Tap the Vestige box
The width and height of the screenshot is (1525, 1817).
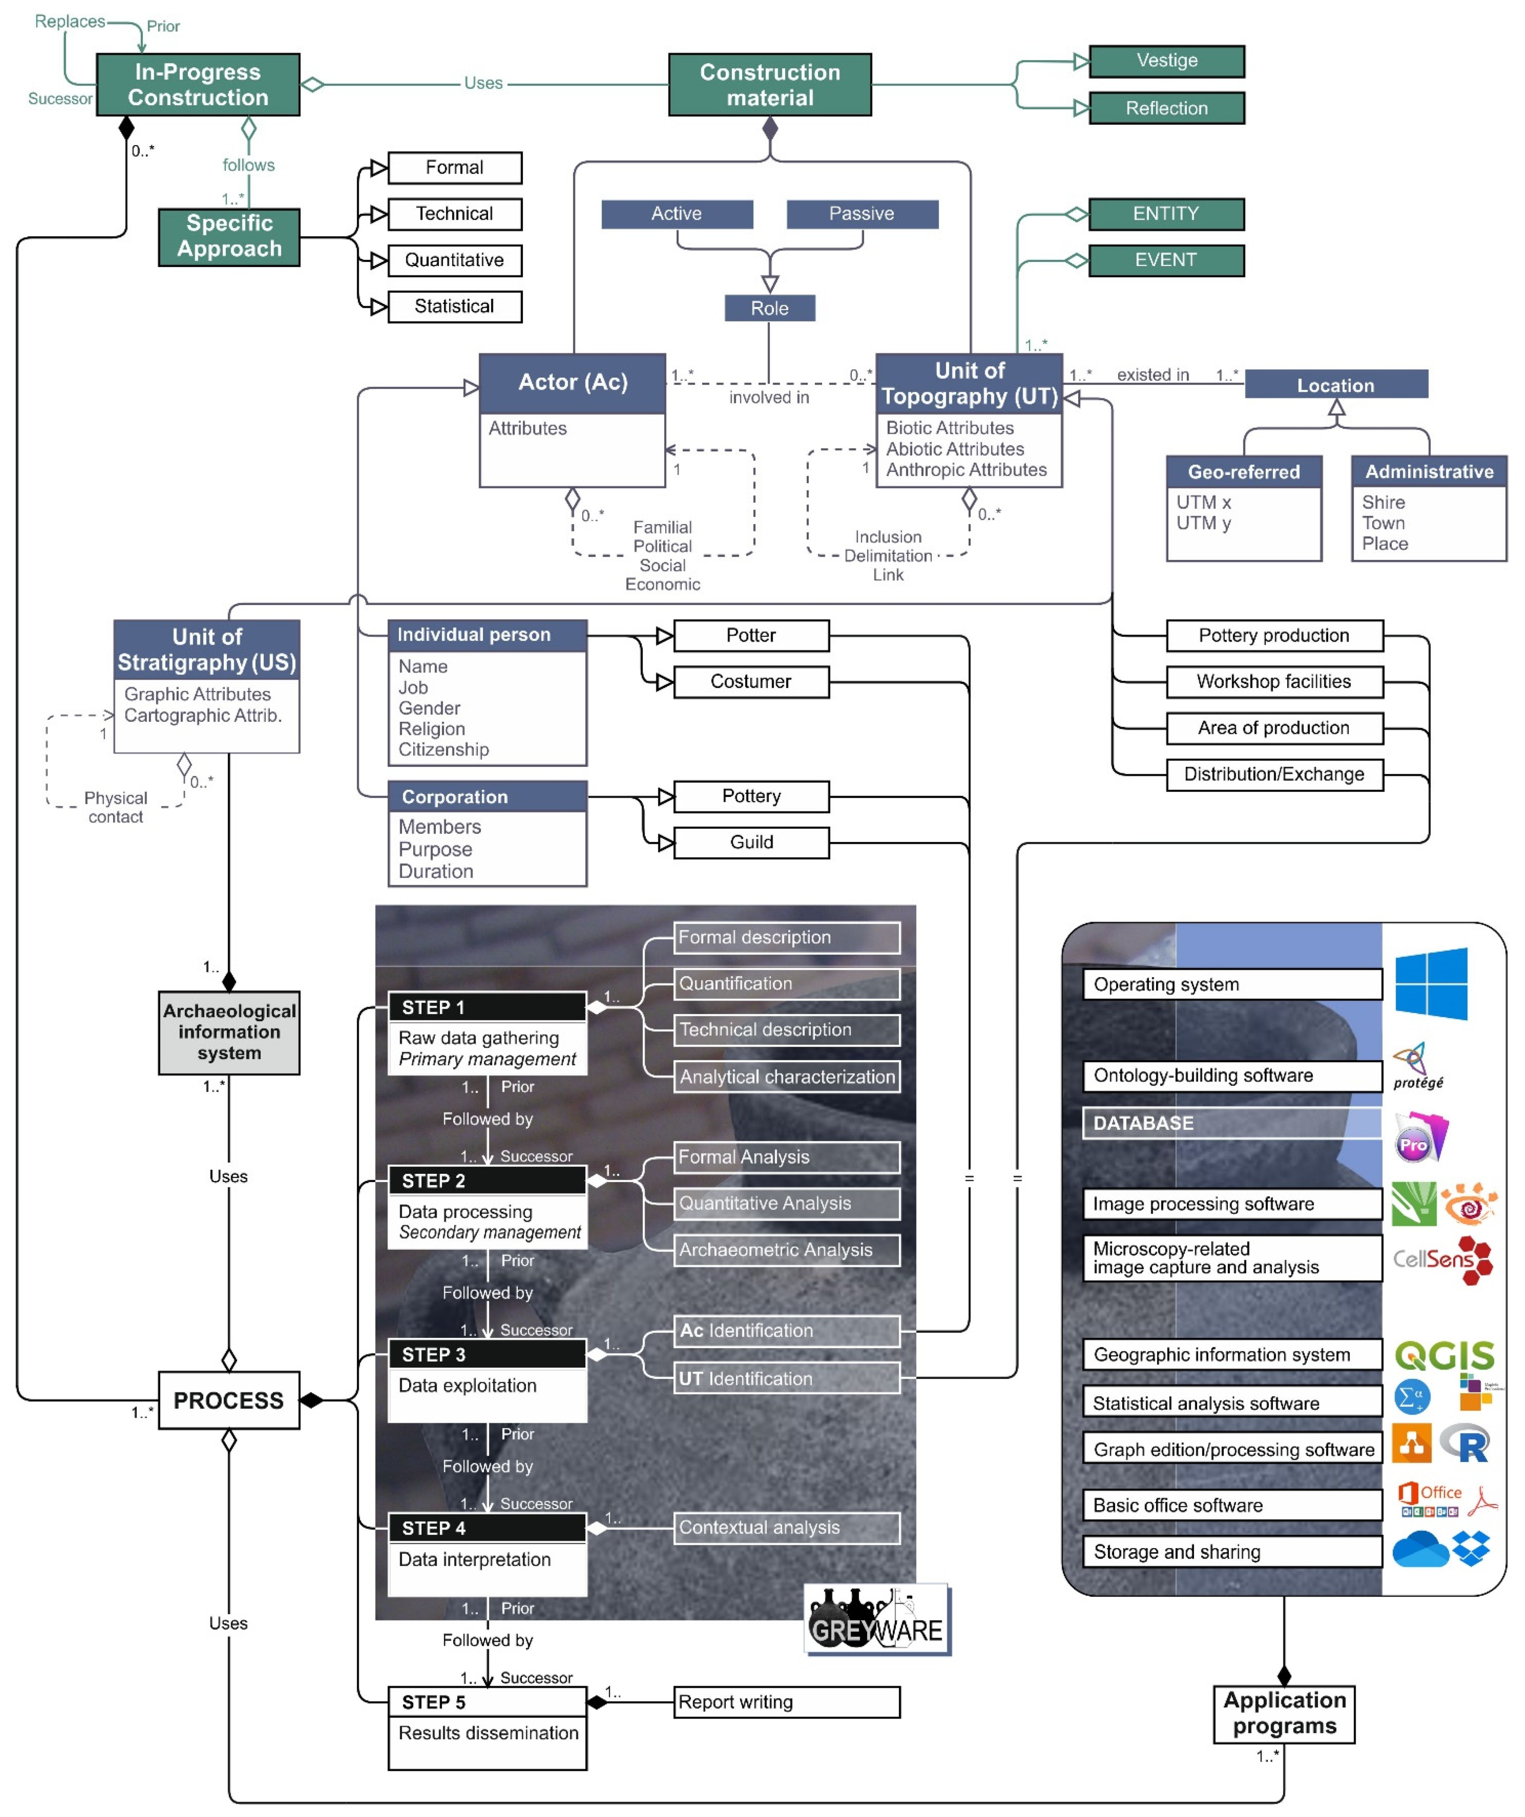pos(1166,61)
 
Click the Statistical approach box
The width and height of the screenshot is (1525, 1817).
pos(454,306)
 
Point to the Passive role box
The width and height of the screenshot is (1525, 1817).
pos(861,214)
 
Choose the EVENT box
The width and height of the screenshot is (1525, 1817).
pos(1166,260)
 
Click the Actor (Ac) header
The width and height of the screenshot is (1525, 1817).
pos(572,383)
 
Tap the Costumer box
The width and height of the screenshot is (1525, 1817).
pos(750,682)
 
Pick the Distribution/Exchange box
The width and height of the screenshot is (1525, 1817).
pos(1273,775)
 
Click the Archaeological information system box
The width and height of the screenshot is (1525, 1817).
pos(228,1032)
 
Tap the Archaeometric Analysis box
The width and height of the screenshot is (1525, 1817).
pos(786,1250)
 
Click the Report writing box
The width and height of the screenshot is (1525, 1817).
pos(786,1702)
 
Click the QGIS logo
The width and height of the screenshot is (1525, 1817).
pos(1444,1355)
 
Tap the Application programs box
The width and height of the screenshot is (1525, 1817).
pos(1284,1713)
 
